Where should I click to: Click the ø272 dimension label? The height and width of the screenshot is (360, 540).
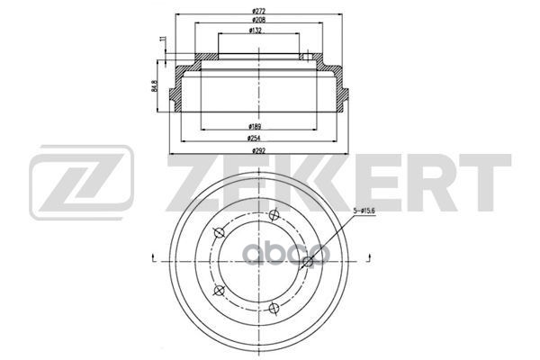pyautogui.click(x=258, y=11)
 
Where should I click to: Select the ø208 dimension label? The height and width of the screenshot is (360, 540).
pyautogui.click(x=258, y=20)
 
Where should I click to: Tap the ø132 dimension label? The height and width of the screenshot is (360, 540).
pyautogui.click(x=256, y=31)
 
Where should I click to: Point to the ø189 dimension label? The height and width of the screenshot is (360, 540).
pyautogui.click(x=255, y=126)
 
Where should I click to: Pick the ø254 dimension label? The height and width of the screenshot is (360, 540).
pyautogui.click(x=254, y=138)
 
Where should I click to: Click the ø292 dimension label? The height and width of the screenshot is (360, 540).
pyautogui.click(x=258, y=150)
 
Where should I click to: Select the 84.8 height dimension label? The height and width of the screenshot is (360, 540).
pyautogui.click(x=154, y=85)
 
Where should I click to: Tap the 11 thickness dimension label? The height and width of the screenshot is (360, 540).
pyautogui.click(x=163, y=39)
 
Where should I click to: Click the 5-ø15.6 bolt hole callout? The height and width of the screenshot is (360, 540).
pyautogui.click(x=364, y=211)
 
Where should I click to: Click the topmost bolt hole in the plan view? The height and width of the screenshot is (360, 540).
pyautogui.click(x=274, y=215)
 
